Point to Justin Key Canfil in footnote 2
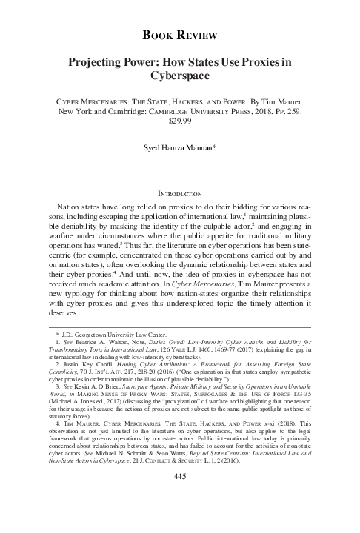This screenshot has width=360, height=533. (x=81, y=389)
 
